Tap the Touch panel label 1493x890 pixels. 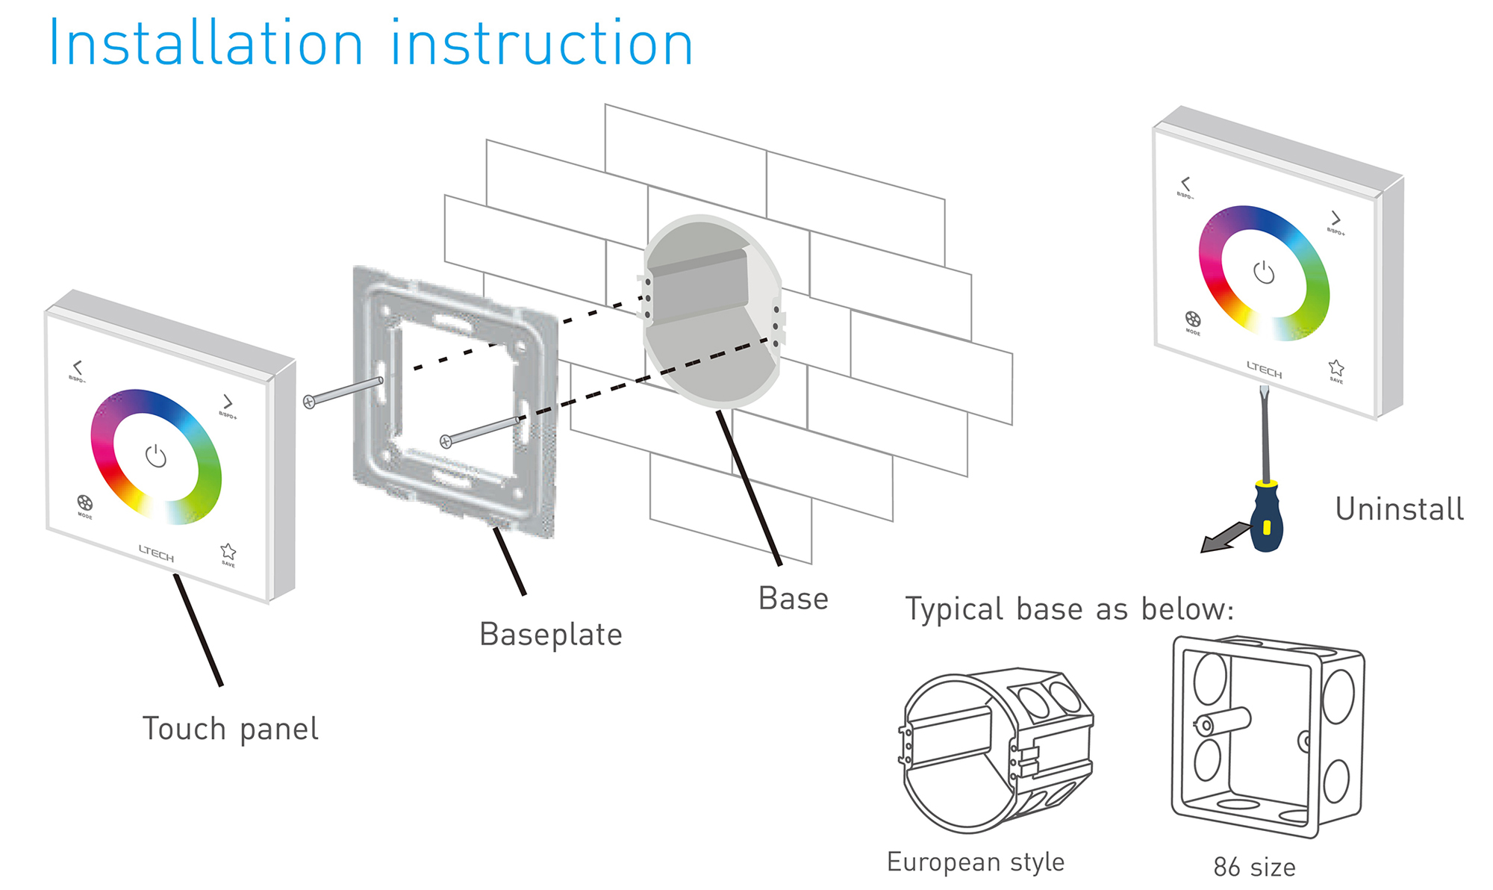(230, 729)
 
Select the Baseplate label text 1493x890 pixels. (550, 635)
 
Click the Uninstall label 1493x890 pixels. (1399, 509)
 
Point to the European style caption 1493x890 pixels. (975, 862)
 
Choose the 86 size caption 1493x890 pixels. (1254, 868)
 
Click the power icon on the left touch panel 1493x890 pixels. (155, 455)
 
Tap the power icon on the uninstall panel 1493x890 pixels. (1263, 273)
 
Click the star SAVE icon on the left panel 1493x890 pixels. (228, 552)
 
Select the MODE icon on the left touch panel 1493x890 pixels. (84, 502)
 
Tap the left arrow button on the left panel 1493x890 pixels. (77, 367)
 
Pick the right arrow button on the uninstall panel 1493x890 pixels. (1335, 218)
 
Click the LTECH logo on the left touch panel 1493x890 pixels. (156, 553)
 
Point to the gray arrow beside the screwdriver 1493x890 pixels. (1224, 538)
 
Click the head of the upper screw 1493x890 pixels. (310, 402)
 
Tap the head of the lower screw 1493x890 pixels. (446, 441)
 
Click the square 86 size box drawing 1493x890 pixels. (1268, 735)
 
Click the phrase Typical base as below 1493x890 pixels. (1069, 609)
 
